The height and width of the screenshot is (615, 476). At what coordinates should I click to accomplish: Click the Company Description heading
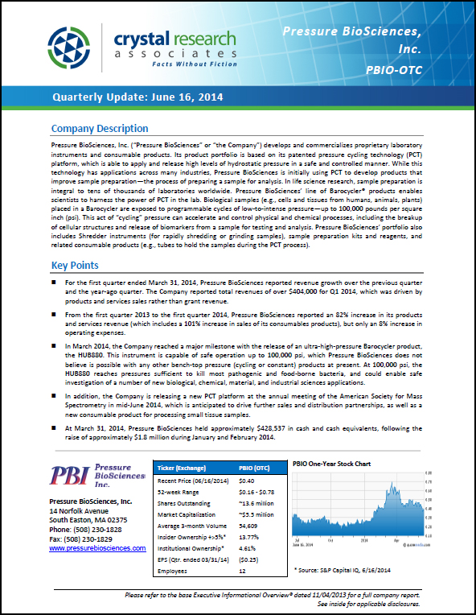pyautogui.click(x=100, y=129)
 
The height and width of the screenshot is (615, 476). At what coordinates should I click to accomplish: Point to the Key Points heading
pyautogui.click(x=75, y=266)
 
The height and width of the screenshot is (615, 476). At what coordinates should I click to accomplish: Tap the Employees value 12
pyautogui.click(x=244, y=570)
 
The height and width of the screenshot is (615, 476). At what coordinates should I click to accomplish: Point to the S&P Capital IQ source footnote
pyautogui.click(x=346, y=569)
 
